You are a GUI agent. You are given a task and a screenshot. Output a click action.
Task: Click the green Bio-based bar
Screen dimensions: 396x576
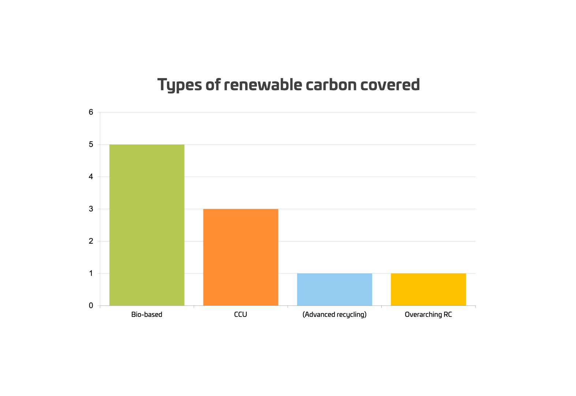pos(147,225)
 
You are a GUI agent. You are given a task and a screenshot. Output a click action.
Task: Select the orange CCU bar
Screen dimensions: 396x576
pos(240,257)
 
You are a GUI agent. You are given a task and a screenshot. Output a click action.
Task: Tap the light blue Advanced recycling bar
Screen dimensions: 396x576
pos(334,289)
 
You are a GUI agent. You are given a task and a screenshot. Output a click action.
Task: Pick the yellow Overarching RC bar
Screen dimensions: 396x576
pos(428,289)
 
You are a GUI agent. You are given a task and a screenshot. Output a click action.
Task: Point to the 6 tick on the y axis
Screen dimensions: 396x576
pos(91,112)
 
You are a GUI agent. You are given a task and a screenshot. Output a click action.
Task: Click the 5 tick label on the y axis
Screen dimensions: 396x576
pos(91,145)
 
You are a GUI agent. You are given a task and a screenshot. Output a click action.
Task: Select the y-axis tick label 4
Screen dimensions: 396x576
pos(91,177)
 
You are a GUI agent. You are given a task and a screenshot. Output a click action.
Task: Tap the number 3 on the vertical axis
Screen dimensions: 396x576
pos(91,209)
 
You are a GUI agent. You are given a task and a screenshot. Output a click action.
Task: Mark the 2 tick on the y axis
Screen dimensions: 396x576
pos(91,241)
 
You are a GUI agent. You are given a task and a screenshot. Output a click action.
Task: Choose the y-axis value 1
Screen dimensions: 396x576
pos(91,274)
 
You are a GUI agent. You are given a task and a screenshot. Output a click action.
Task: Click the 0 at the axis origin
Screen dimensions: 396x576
pos(91,306)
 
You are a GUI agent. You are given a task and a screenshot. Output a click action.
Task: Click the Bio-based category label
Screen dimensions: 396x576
pos(147,315)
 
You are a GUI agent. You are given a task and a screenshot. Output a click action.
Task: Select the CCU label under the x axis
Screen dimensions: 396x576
pos(240,315)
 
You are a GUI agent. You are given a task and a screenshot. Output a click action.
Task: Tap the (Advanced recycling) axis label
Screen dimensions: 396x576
pos(334,315)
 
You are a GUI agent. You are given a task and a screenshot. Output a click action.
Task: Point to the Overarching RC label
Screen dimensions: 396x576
pos(428,315)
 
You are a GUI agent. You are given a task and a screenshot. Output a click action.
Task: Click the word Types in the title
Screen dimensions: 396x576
pos(179,85)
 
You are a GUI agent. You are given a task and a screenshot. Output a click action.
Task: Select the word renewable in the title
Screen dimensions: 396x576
pos(263,85)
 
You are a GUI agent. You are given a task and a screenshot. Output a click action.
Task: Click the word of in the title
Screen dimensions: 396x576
pos(213,85)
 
